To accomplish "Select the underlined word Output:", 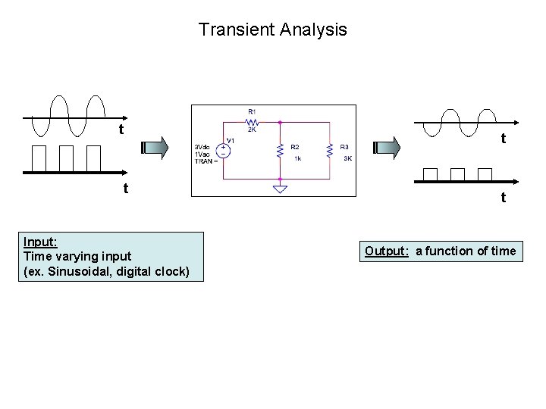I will pos(387,251).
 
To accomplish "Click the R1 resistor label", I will pos(253,111).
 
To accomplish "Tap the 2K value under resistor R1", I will pos(253,129).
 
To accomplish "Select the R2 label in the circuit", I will pos(295,146).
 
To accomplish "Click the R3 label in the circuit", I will pos(344,146).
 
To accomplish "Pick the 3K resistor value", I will pos(347,159).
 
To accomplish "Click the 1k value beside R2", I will pos(298,159).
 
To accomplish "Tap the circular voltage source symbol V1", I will pos(224,149).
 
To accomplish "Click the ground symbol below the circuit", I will pos(280,188).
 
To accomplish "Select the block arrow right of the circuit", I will pos(388,146).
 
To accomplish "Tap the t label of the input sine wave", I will pos(121,130).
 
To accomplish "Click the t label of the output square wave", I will pos(504,198).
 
